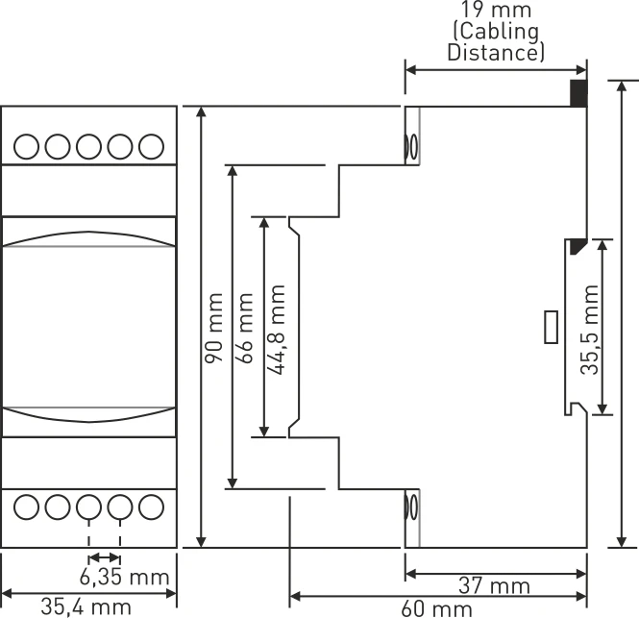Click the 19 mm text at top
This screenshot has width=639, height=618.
495,12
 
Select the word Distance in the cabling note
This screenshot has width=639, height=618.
495,53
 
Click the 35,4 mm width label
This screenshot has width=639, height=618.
86,606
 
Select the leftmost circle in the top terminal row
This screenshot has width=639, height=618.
28,146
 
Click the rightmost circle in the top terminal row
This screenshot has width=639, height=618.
151,146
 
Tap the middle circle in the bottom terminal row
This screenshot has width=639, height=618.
89,506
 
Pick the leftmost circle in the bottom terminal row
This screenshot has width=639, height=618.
28,506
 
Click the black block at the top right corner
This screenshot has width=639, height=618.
578,93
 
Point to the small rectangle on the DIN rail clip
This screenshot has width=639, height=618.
552,327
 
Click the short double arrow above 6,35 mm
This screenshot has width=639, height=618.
105,557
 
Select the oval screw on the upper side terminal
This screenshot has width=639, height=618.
413,147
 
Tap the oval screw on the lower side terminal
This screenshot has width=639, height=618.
413,507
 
